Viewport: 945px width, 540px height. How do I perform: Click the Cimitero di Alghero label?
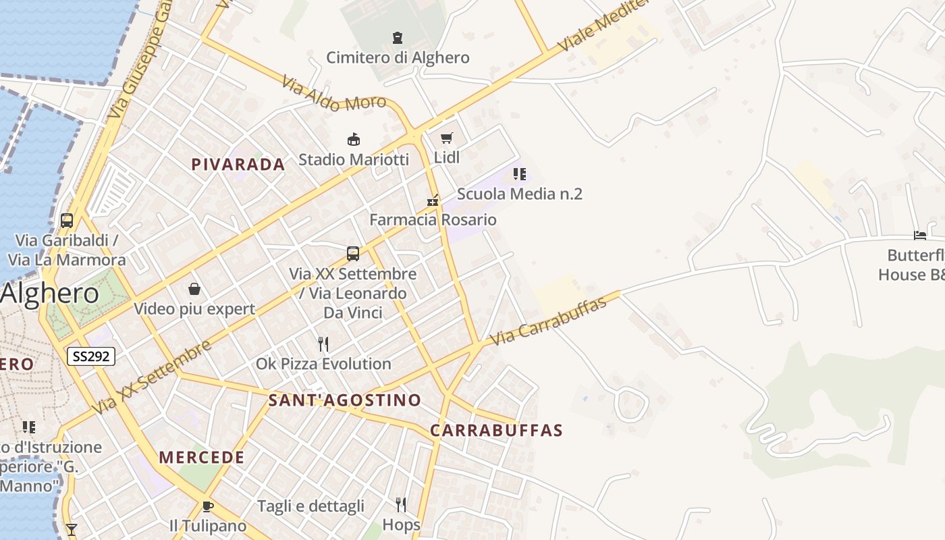coord(398,57)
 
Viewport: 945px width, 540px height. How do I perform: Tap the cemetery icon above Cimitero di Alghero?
coord(398,38)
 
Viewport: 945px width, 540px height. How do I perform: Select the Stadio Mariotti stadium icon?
coord(353,140)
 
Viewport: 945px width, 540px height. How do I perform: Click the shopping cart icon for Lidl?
coord(446,138)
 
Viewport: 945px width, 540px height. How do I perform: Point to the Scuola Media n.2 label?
coord(519,194)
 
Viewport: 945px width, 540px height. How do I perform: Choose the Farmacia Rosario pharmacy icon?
coord(433,200)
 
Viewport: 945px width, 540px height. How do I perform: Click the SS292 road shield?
coord(91,356)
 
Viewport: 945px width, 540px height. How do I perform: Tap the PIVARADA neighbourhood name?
coord(238,165)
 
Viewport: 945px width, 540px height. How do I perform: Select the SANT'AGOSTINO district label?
coord(345,400)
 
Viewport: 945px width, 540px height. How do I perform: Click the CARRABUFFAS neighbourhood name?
coord(496,430)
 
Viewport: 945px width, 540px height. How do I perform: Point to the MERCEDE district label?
coord(202,457)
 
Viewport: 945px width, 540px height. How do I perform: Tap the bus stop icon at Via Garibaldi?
coord(67,220)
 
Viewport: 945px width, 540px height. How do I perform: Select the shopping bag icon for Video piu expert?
coord(194,290)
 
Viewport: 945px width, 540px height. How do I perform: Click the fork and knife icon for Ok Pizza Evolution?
coord(323,344)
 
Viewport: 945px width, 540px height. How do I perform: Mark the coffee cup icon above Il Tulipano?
coord(208,506)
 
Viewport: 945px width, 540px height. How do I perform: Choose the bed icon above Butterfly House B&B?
coord(919,236)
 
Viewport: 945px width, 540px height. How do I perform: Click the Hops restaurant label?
coord(401,524)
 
